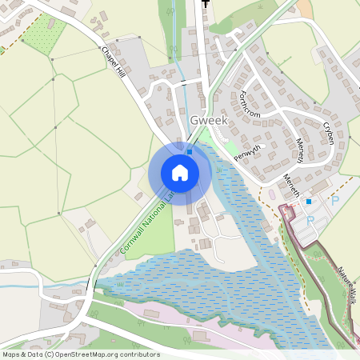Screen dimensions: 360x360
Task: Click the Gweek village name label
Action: (209, 120)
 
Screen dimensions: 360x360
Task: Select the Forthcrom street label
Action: (249, 105)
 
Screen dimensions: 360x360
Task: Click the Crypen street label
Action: (328, 132)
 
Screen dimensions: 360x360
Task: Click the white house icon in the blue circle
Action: (180, 172)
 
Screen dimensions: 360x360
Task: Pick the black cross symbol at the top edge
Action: (206, 3)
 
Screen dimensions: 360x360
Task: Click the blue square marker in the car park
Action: (309, 202)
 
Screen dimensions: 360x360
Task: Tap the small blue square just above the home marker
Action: (190, 150)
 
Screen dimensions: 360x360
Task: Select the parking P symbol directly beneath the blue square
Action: (310, 218)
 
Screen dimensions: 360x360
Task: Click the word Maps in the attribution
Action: (11, 354)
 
